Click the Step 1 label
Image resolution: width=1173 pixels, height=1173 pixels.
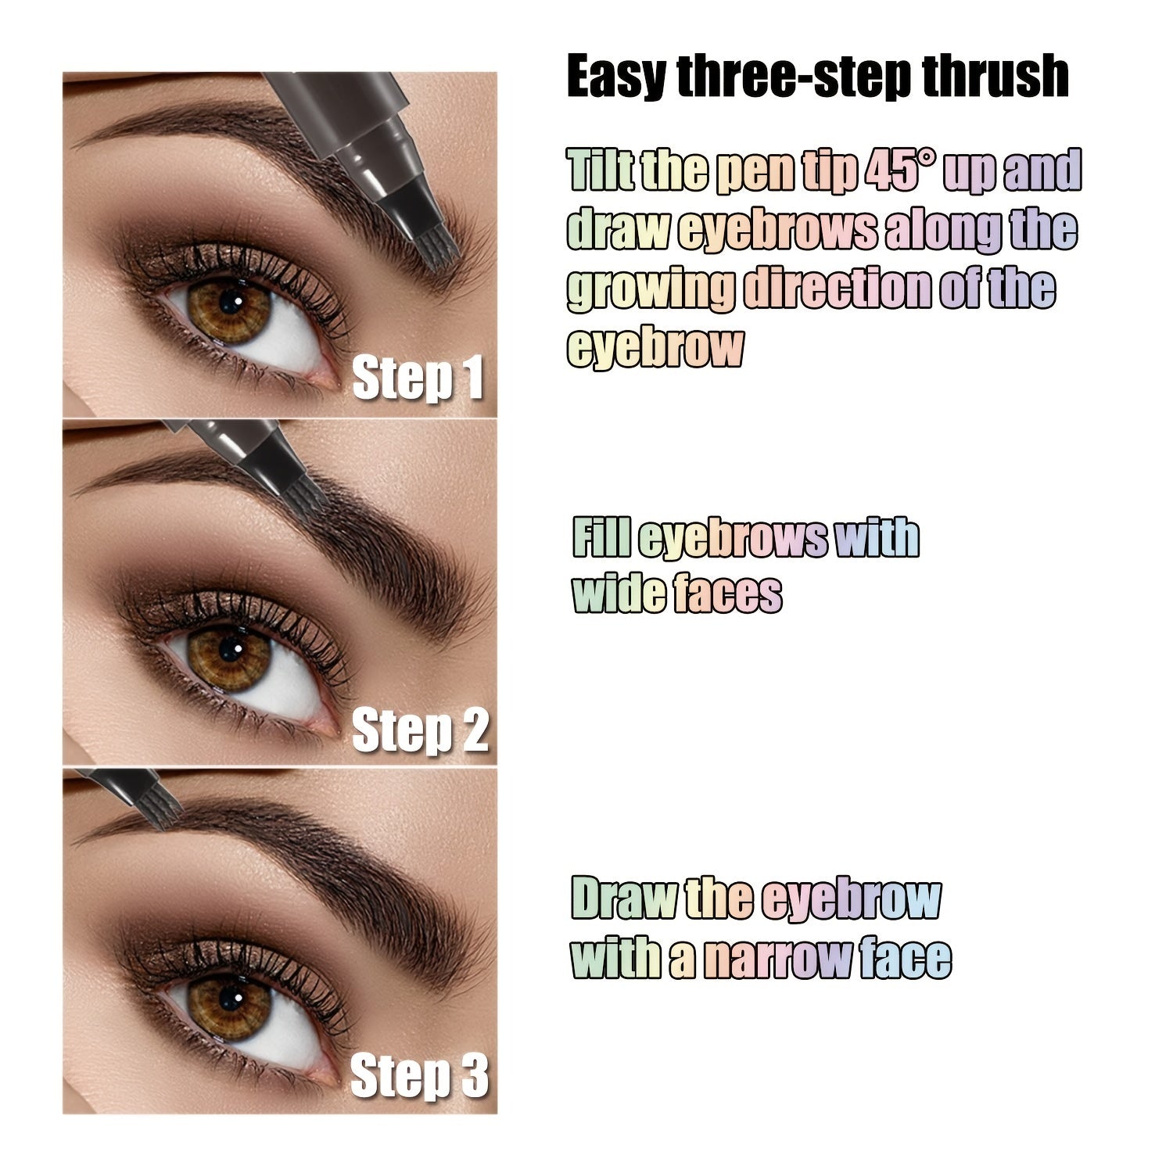pyautogui.click(x=418, y=379)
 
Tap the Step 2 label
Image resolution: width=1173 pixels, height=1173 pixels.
pyautogui.click(x=420, y=730)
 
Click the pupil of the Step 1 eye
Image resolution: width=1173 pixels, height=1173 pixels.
pyautogui.click(x=230, y=301)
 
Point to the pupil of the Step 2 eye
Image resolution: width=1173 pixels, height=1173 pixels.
pyautogui.click(x=228, y=648)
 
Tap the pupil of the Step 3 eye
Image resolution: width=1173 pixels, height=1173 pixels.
pyautogui.click(x=229, y=996)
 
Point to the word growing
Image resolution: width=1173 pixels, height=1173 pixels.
pyautogui.click(x=651, y=289)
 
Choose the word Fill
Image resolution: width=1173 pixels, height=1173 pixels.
pyautogui.click(x=601, y=539)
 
